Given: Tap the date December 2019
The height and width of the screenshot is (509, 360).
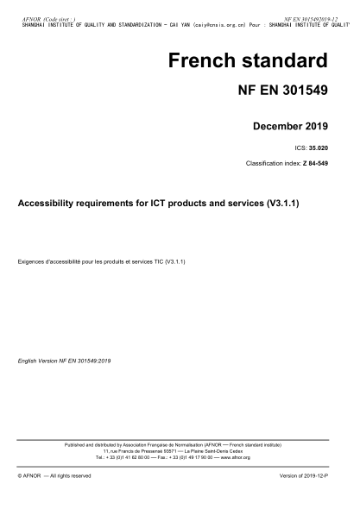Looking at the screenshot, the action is (x=289, y=127).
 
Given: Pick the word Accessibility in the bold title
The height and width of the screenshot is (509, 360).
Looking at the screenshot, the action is (x=48, y=204).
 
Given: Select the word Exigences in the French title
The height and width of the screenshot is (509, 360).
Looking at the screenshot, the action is (x=33, y=260).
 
